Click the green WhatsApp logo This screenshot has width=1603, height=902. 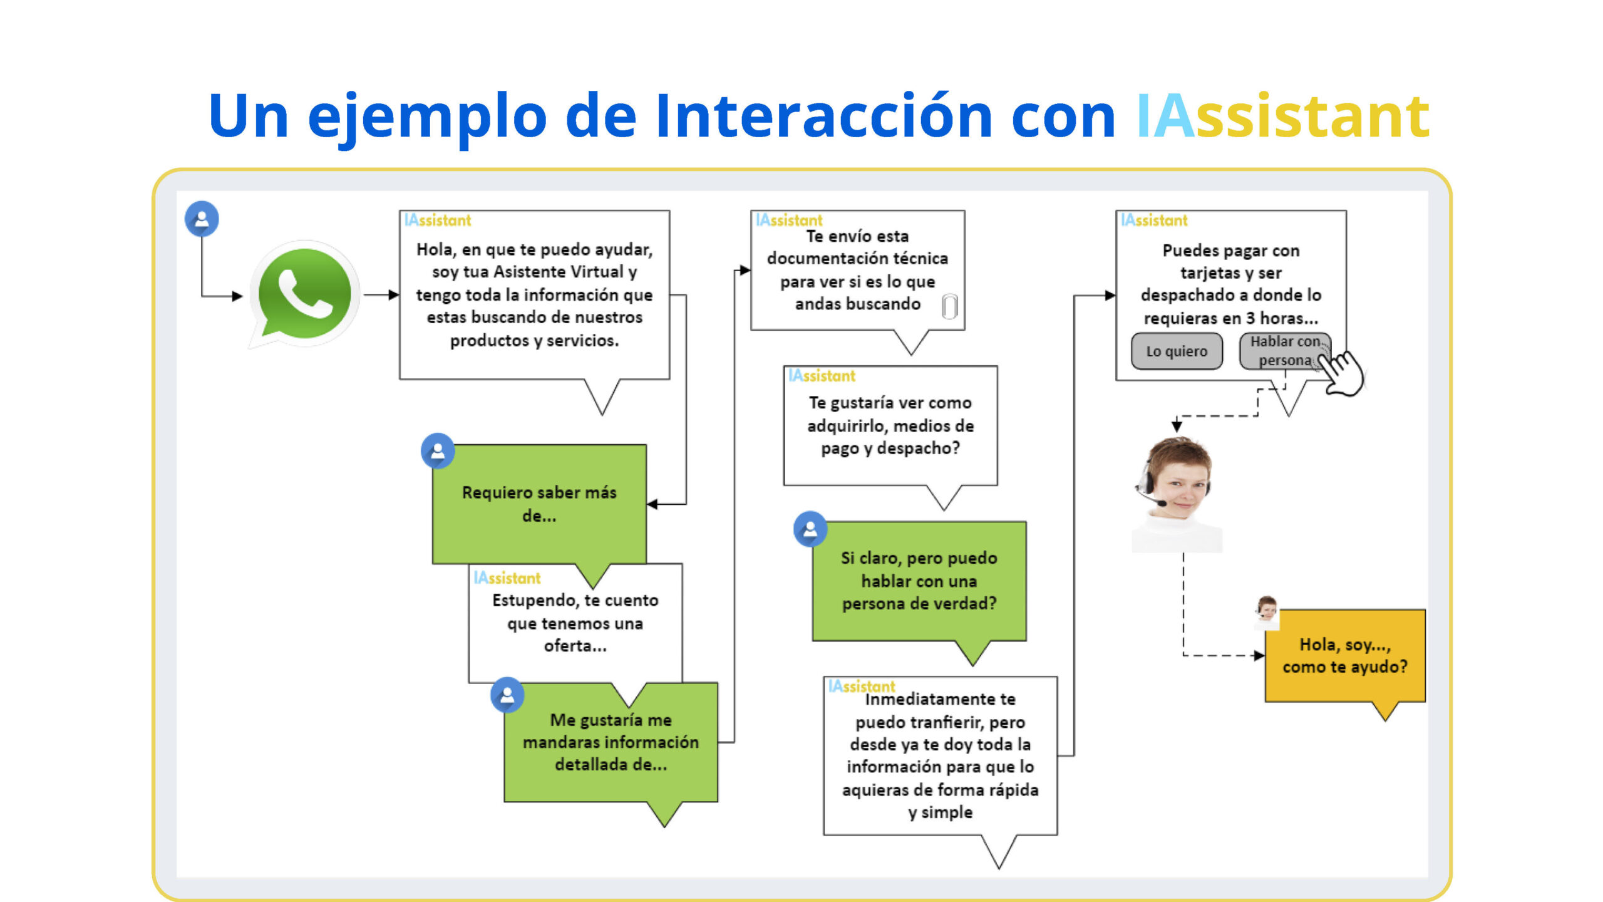[305, 294]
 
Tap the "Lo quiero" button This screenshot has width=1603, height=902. [1177, 351]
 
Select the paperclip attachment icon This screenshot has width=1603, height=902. [950, 306]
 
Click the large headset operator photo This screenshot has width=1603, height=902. [1177, 494]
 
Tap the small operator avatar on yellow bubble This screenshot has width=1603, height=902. [1267, 612]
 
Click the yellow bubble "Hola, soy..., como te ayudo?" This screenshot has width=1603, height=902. [1345, 656]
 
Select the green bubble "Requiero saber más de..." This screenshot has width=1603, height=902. [539, 504]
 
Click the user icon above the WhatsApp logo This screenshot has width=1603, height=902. [202, 219]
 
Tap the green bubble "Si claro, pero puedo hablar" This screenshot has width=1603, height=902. [919, 581]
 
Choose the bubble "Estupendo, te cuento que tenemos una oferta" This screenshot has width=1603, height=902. [575, 623]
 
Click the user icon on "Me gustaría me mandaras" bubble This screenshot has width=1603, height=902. [507, 695]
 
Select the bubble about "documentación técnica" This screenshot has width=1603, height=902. [858, 271]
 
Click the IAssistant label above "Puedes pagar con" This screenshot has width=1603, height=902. [1154, 220]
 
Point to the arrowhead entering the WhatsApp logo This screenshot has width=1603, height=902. [237, 296]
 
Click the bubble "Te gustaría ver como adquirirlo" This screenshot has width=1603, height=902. [890, 426]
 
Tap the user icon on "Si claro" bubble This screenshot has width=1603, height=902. [810, 529]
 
